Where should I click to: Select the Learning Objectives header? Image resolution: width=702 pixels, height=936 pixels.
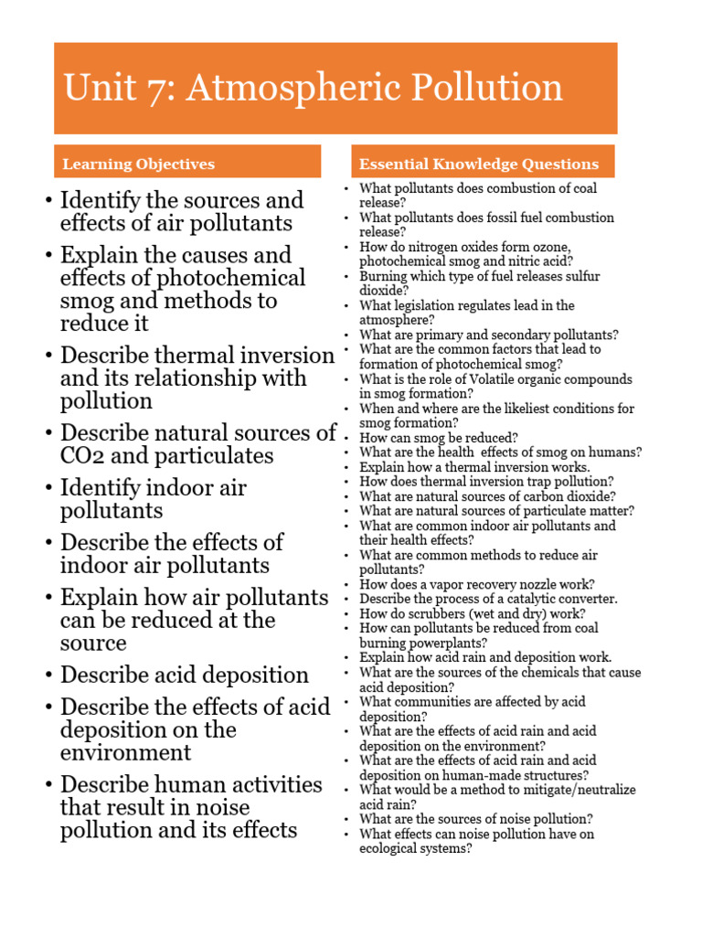[138, 165]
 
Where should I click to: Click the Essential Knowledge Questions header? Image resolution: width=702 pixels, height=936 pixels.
[479, 165]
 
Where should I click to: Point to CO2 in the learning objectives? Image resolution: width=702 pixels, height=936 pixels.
[85, 455]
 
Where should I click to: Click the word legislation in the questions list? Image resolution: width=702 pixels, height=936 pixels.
[426, 305]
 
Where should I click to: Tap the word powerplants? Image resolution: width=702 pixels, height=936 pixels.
[440, 643]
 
